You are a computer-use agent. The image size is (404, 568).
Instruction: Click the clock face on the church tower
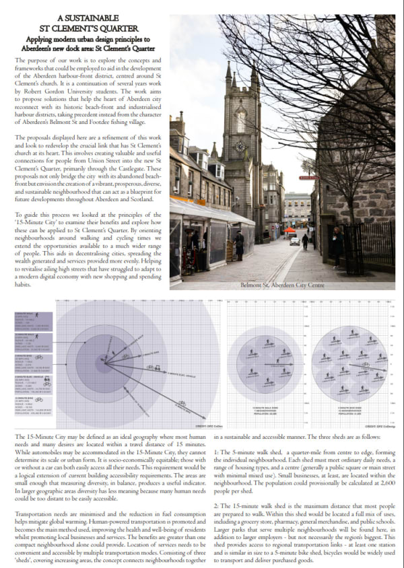coord(240,146)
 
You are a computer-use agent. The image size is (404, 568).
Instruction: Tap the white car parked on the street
coord(294,240)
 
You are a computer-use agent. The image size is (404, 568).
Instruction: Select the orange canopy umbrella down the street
coord(289,230)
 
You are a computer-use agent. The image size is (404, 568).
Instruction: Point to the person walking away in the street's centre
coord(304,240)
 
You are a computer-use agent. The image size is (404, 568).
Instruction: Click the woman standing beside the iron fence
coord(337,245)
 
